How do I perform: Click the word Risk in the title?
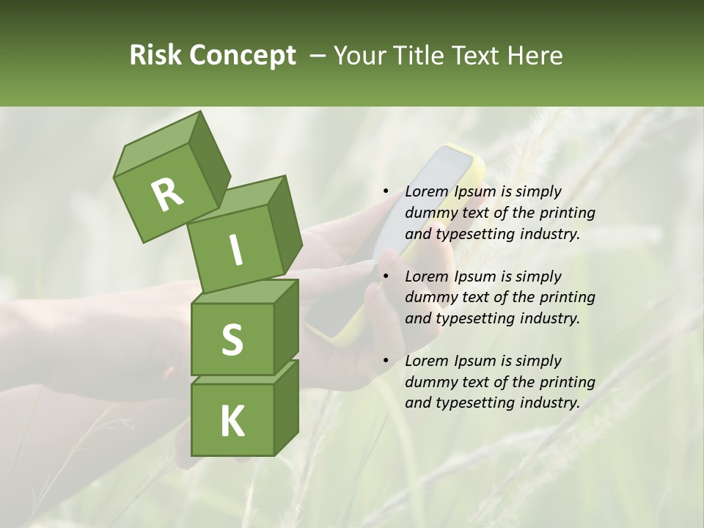pos(155,56)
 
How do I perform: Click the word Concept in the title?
pos(243,56)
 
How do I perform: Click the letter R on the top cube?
pos(167,195)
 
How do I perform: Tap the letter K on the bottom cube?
pos(232,422)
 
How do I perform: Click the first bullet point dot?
pos(386,192)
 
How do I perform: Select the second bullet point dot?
pos(386,276)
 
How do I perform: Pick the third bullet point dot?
pos(386,361)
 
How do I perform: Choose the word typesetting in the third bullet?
pos(474,403)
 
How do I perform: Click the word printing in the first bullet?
pos(568,213)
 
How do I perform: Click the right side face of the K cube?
pos(286,407)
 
